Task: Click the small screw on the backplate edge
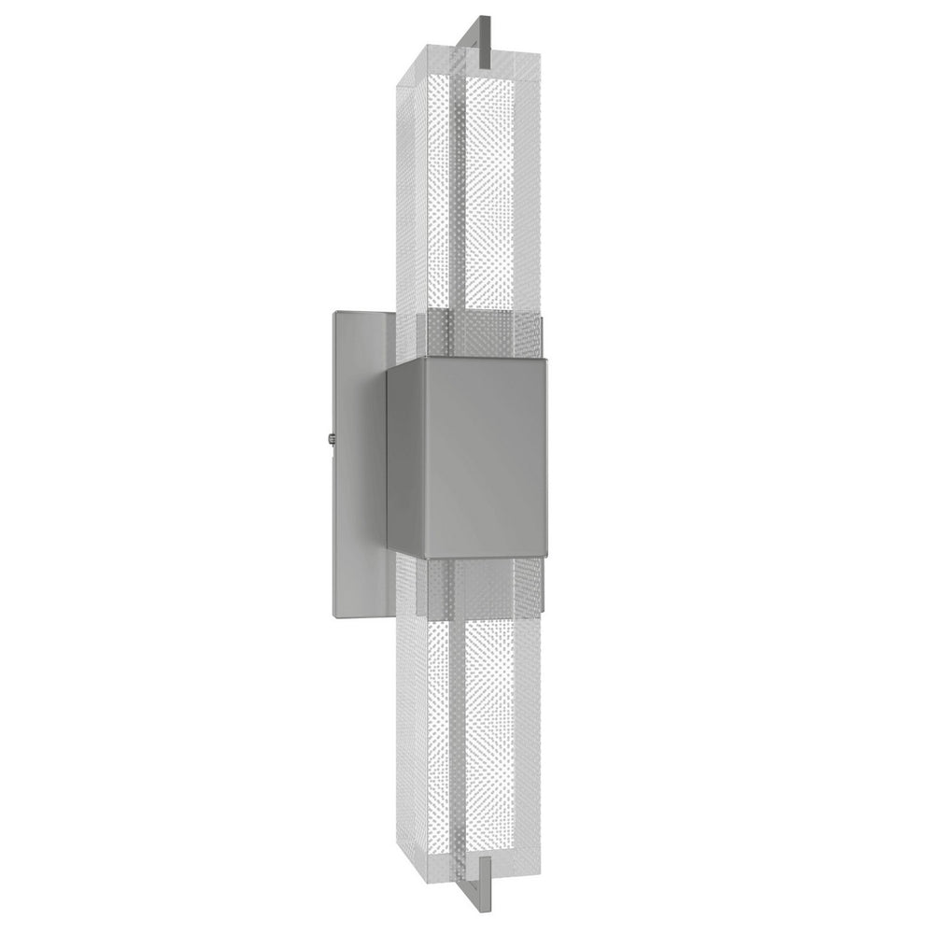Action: click(333, 435)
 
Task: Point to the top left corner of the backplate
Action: click(333, 312)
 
